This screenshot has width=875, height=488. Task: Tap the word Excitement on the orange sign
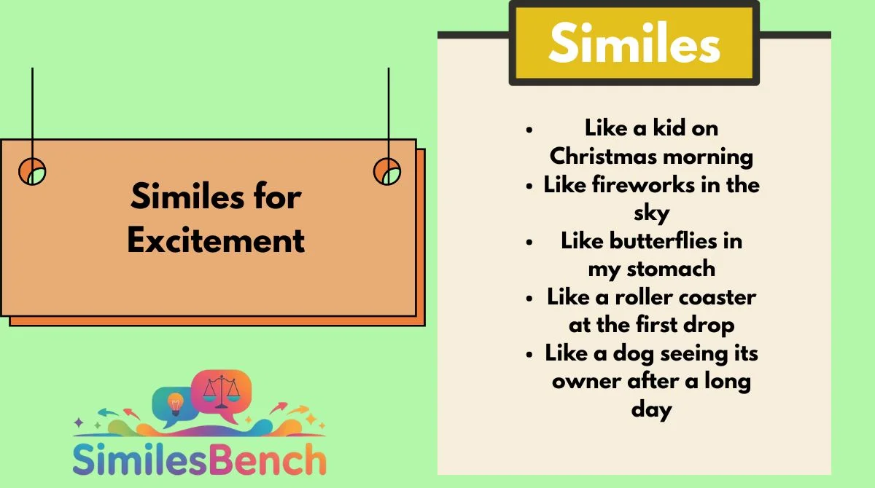(216, 240)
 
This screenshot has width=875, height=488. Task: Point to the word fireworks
(643, 184)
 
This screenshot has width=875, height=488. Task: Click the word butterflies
(664, 240)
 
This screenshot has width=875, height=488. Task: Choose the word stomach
(671, 269)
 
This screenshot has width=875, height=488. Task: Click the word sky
(652, 213)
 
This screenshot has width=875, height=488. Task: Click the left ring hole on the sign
(32, 171)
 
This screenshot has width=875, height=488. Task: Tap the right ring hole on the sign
(387, 171)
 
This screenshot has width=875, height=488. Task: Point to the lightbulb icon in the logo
(175, 404)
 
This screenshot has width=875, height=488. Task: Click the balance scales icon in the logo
(222, 392)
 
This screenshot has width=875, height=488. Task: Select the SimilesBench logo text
(199, 459)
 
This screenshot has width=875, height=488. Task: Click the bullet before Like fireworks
(529, 186)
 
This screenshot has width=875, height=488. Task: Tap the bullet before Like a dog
(529, 355)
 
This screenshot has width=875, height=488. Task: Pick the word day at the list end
(652, 410)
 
